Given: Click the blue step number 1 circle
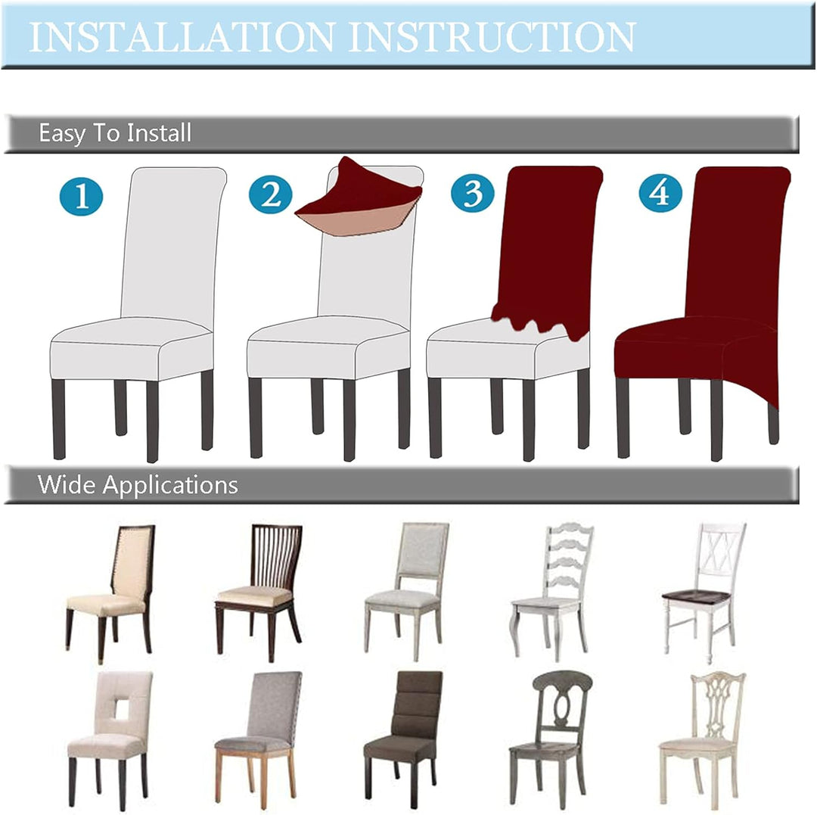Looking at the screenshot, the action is tap(81, 197).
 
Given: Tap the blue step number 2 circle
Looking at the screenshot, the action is tap(270, 194).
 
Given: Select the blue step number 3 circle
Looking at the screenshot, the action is tap(473, 192).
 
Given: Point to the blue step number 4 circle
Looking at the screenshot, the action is tap(660, 192).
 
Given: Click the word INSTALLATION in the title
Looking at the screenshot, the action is tap(182, 37).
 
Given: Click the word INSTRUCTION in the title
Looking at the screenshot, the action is tap(492, 37).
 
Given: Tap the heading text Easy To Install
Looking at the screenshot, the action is tap(115, 133).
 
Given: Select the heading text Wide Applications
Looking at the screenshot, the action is tap(138, 484).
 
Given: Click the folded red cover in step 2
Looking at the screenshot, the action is tap(359, 200).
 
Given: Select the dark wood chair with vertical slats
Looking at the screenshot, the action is tap(259, 592).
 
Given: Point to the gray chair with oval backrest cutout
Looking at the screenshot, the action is tap(551, 739).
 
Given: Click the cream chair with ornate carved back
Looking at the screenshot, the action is tap(703, 740).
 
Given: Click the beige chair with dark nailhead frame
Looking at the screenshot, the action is tap(110, 593).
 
